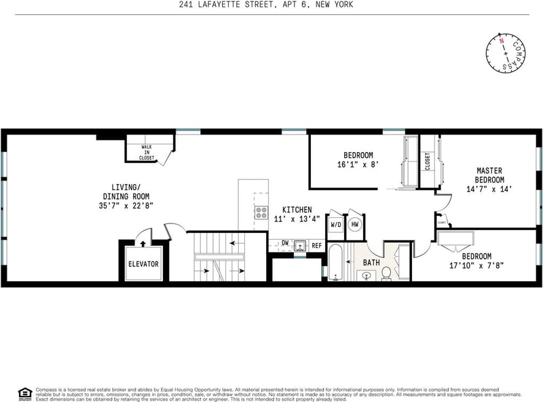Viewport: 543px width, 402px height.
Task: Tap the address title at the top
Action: pyautogui.click(x=266, y=5)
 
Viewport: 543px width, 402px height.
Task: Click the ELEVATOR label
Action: pyautogui.click(x=143, y=264)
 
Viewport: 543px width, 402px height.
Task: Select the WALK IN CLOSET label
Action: pyautogui.click(x=147, y=152)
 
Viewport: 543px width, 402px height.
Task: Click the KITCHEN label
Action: pyautogui.click(x=297, y=210)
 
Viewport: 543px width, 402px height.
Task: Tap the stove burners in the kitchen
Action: pyautogui.click(x=261, y=211)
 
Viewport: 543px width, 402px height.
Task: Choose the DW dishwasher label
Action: pyautogui.click(x=285, y=243)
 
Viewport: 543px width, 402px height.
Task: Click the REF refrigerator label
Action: pyautogui.click(x=316, y=244)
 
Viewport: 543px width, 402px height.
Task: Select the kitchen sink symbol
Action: pyautogui.click(x=301, y=244)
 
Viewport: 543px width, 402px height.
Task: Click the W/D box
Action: pyautogui.click(x=335, y=224)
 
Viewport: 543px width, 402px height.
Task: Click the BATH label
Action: pyautogui.click(x=371, y=262)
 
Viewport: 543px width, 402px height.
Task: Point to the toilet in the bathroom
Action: pyautogui.click(x=386, y=273)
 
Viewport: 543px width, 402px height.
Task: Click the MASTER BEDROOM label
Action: pyautogui.click(x=489, y=175)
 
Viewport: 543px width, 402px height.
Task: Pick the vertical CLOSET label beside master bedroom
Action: pyautogui.click(x=428, y=162)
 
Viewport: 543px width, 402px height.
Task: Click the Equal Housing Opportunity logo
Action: pyautogui.click(x=25, y=392)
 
